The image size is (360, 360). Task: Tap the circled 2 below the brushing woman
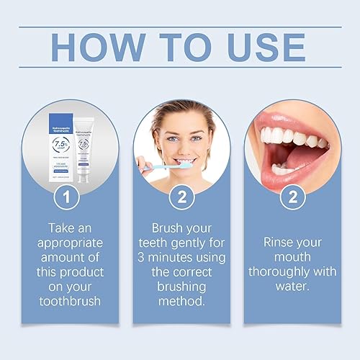[x=179, y=196]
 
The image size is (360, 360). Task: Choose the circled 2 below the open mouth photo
[x=293, y=196]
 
